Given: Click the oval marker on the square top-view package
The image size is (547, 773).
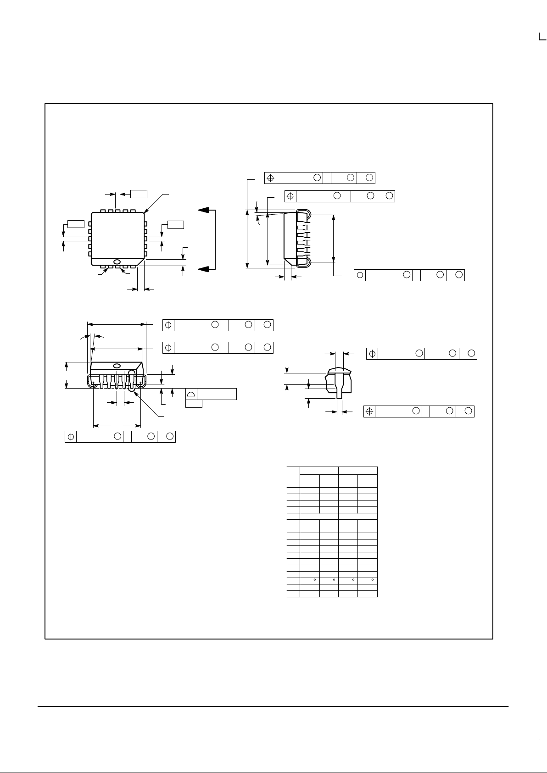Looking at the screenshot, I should point(117,262).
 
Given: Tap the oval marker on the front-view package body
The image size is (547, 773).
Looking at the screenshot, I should point(117,366).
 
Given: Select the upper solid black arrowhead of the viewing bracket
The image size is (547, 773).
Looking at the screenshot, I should point(207,210).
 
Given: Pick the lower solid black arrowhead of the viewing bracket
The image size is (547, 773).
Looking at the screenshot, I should point(207,268).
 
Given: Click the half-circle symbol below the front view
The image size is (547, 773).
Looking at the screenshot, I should point(191,394).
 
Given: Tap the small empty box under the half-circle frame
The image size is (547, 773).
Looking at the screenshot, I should point(194,403).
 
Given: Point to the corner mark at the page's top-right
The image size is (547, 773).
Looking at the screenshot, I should point(542,37).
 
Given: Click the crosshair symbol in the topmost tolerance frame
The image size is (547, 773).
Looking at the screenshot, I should point(271,178).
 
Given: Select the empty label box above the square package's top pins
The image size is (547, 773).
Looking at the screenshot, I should point(139,193).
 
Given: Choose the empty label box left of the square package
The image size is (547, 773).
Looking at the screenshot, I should point(76,224).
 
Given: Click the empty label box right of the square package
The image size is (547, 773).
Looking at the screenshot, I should point(175,224).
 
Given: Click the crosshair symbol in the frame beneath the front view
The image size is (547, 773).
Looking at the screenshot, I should point(71,437).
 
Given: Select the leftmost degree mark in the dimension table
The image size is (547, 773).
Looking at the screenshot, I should point(314,580).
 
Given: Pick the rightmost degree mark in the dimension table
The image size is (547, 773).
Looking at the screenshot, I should point(372,580).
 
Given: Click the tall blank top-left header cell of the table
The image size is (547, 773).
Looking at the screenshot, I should point(293,473).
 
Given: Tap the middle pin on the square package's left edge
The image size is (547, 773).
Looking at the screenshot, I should point(90,239).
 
